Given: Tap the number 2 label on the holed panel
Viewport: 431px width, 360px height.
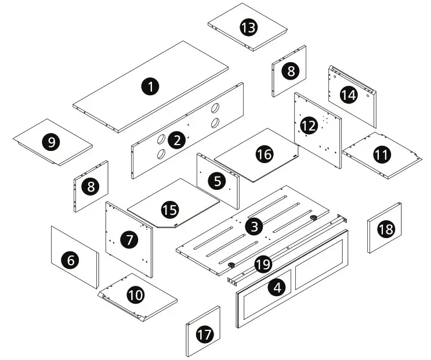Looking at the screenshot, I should (175, 139).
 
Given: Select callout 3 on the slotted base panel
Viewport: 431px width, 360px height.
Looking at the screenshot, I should (252, 226).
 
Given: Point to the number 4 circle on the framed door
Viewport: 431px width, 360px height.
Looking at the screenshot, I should (279, 287).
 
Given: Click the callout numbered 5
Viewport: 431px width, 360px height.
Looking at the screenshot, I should (218, 181).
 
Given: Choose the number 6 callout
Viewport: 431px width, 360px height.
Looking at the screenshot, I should (71, 261).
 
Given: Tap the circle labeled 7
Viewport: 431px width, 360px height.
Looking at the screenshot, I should (128, 239).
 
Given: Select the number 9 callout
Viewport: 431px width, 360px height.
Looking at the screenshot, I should (52, 142).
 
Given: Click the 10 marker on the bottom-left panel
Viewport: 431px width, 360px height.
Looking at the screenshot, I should (136, 295).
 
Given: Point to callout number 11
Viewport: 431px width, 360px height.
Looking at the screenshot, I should (381, 155).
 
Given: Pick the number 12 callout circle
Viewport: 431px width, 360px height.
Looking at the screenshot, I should (309, 125).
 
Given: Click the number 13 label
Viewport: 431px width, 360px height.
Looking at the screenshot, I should (248, 27).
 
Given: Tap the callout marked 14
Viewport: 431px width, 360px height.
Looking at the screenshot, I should (348, 95).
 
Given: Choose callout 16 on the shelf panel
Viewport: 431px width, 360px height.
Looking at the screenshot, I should (264, 154).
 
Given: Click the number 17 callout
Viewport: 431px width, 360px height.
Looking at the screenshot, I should (204, 334).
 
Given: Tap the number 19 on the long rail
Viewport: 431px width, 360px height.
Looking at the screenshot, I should (263, 265).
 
